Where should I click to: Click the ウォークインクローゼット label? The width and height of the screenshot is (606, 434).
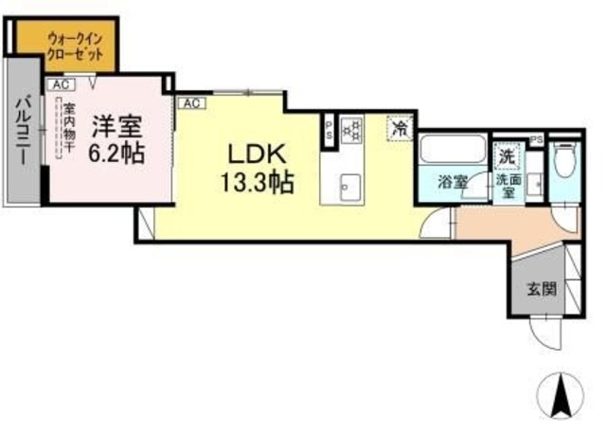coord(65,45)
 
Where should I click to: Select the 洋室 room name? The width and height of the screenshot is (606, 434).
coord(117,126)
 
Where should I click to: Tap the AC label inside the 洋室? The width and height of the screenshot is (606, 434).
coord(60,85)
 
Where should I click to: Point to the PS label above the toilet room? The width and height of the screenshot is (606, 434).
coord(536,139)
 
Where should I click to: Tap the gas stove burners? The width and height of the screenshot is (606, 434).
coord(351,128)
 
